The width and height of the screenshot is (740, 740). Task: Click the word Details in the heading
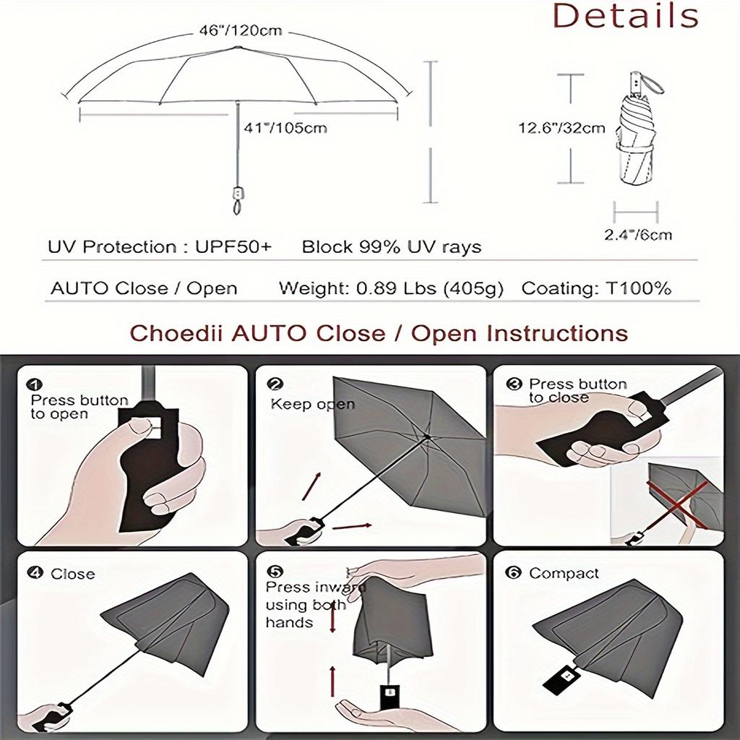pos(625,16)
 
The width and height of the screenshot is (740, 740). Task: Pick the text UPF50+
pos(233,247)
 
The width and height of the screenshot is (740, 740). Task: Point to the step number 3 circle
pos(514,384)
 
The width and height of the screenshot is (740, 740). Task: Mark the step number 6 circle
pos(514,573)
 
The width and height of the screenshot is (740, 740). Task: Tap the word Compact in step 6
pos(564,573)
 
